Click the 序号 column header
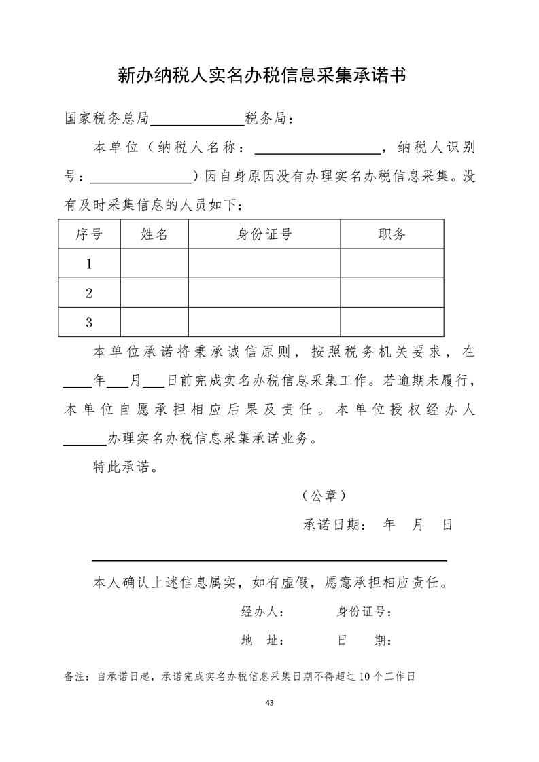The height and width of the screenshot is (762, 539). coord(89,234)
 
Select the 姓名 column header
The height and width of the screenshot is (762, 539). coord(154,234)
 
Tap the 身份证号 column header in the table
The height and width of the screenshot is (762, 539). coord(264,234)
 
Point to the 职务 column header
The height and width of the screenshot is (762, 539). coord(392,234)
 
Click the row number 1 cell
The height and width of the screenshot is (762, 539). coord(89,264)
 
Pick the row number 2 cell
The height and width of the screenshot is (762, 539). coord(89,293)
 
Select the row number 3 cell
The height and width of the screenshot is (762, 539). coord(89,323)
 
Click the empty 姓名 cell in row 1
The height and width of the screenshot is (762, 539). coord(154,264)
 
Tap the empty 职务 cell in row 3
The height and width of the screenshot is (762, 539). coord(392,323)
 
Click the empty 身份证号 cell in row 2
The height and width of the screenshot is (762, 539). coord(264,293)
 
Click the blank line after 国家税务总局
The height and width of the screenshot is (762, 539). coord(197,121)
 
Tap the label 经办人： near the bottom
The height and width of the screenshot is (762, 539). coord(262,612)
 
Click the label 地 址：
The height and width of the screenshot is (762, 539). coord(262,641)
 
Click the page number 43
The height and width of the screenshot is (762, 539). coord(270,702)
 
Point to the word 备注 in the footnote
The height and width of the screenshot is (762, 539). coord(73,676)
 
